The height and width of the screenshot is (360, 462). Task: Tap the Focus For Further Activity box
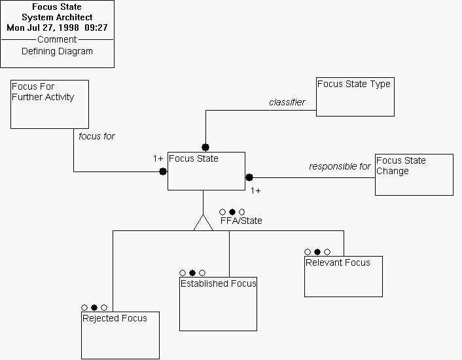50,104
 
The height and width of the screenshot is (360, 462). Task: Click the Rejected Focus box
120,335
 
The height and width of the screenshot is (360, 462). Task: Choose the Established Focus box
218,304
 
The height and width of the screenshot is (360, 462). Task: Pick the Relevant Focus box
343,276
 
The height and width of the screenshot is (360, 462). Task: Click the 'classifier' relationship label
287,102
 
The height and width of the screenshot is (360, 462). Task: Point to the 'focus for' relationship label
97,136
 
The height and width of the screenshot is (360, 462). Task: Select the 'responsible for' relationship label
340,166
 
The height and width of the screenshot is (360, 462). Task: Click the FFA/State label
241,221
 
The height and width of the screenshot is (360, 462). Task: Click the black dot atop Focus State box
205,147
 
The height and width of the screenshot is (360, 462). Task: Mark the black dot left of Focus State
163,171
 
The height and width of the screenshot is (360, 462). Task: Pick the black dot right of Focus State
249,177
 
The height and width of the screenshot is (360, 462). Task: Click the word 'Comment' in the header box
57,39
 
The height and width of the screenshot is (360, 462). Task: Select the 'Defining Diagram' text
57,51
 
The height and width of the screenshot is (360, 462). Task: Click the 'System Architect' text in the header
57,17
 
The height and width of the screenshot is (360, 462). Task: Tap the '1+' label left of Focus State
158,158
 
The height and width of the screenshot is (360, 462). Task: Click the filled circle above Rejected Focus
94,307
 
